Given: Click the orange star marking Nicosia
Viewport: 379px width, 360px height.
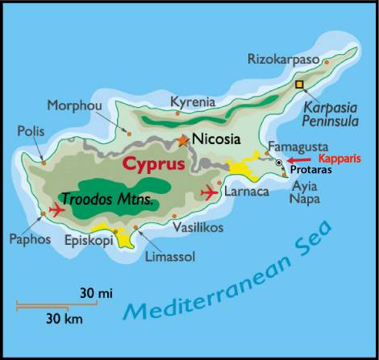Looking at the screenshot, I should [184, 140].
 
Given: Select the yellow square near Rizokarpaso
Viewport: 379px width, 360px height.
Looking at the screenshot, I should [300, 84].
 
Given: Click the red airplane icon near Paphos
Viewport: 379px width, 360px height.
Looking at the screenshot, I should [56, 209].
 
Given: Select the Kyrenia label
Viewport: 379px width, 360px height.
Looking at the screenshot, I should [193, 101].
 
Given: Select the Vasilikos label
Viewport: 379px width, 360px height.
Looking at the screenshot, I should [198, 229].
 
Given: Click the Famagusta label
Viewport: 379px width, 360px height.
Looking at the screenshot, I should [294, 147].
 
